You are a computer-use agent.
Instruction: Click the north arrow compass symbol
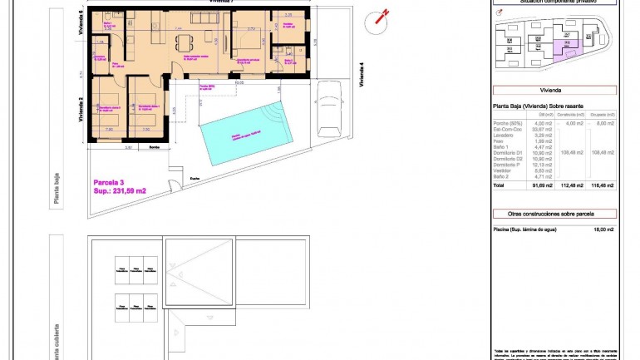click(x=382, y=16)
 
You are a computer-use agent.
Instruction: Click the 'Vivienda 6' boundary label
click(x=81, y=27)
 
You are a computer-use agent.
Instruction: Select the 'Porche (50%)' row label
click(x=508, y=123)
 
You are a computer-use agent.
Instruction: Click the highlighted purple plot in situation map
click(x=568, y=52)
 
